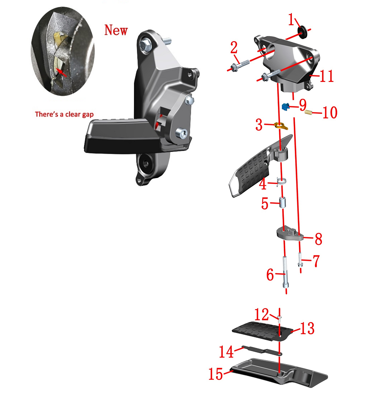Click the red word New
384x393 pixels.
point(116,30)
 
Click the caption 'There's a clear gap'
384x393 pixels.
point(64,114)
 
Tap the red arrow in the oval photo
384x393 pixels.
point(61,72)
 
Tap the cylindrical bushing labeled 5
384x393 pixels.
point(283,203)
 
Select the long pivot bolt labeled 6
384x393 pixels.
point(285,273)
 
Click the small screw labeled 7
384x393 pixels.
point(300,260)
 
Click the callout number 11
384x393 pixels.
point(327,76)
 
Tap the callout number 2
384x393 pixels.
point(234,48)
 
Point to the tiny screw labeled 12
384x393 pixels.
point(280,318)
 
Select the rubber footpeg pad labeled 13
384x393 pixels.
point(262,331)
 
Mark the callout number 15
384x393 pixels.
point(215,374)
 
